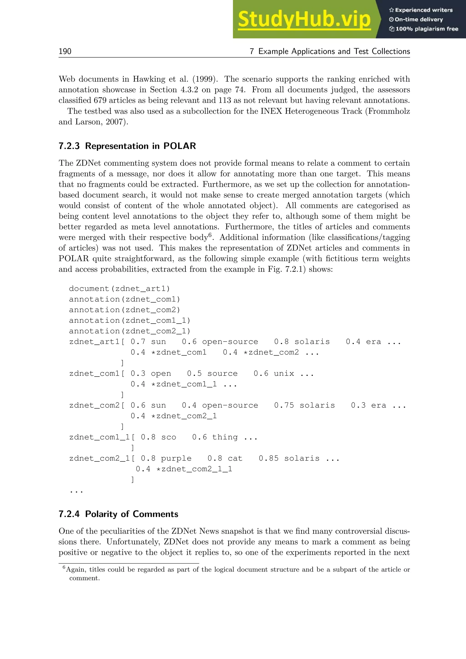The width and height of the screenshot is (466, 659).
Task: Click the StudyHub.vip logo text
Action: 304,20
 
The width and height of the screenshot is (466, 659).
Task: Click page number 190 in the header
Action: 65,51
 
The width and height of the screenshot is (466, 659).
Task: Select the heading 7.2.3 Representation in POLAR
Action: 127,146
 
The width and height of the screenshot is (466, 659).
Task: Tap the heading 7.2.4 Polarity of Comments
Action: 118,514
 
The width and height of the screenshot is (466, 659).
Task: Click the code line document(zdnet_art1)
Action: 119,289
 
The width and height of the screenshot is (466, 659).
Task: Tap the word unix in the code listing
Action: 284,374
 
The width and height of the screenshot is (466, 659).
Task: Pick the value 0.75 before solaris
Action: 284,406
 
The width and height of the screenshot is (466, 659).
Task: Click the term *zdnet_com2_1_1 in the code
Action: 194,469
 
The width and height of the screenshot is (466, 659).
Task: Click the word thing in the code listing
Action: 225,437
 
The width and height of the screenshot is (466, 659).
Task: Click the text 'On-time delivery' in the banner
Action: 418,20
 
